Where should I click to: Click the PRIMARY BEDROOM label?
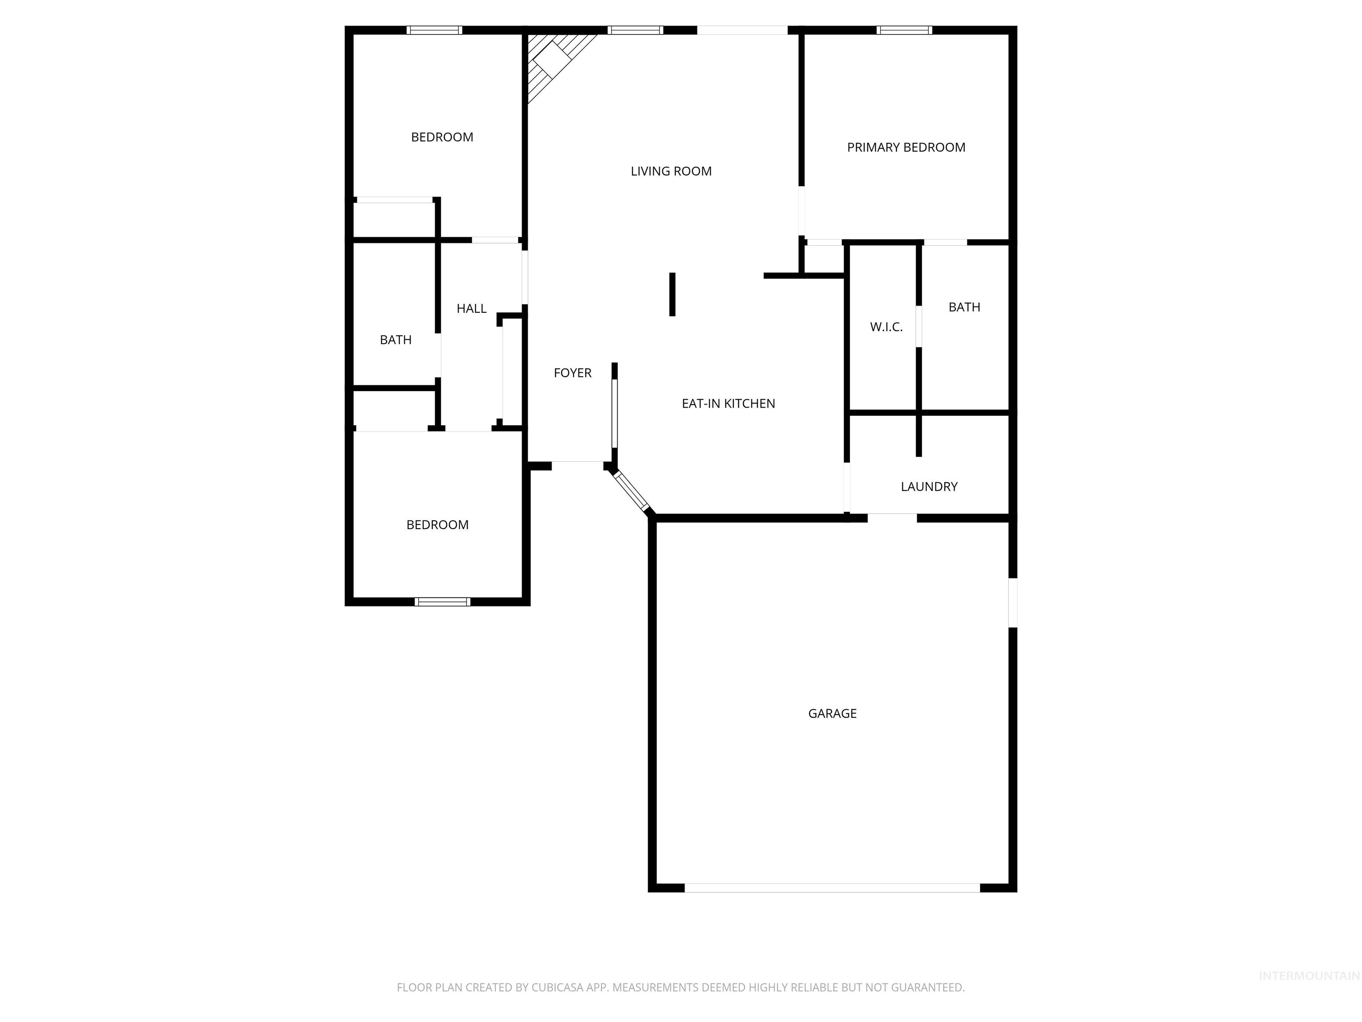[x=906, y=147]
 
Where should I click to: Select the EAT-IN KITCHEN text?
[x=728, y=404]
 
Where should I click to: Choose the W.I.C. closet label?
[x=886, y=327]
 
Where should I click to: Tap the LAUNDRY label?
[x=928, y=487]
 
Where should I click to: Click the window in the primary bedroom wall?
[x=904, y=30]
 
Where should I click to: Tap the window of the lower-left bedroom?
[x=442, y=602]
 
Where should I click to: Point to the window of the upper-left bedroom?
[x=434, y=30]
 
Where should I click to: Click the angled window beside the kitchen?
[x=632, y=491]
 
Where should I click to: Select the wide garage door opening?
[x=832, y=888]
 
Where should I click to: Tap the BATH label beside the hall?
[x=395, y=340]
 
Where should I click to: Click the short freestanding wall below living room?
[x=673, y=295]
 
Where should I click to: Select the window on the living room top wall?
[x=635, y=30]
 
